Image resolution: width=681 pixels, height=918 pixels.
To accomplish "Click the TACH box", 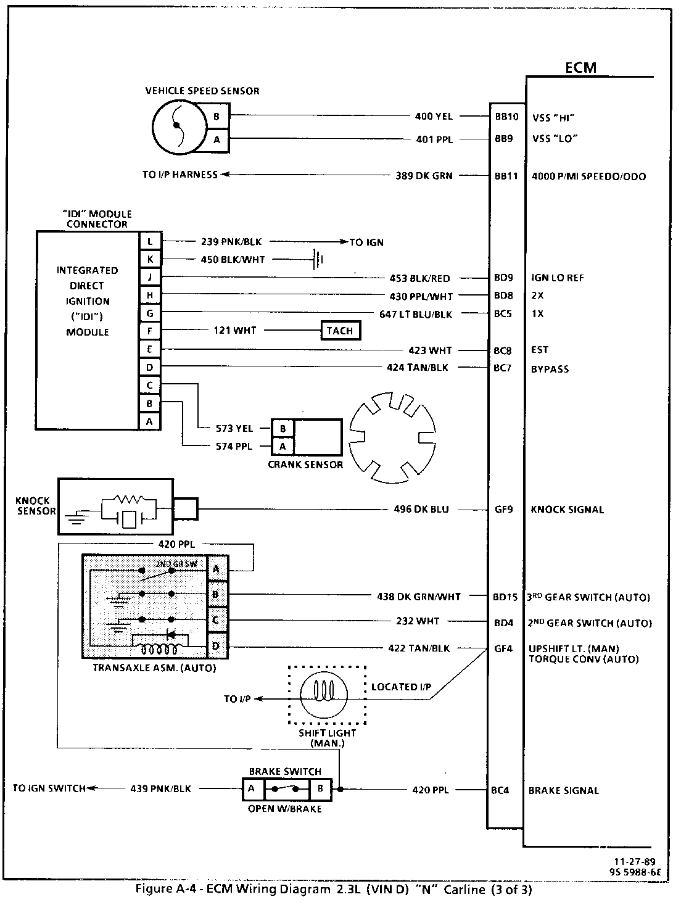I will [340, 331].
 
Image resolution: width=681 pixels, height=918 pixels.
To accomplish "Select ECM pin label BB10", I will [506, 116].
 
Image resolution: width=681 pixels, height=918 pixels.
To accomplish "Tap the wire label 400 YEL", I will [434, 116].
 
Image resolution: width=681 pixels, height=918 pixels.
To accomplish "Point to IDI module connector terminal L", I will [150, 242].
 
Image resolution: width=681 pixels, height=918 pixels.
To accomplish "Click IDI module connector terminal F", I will [150, 331].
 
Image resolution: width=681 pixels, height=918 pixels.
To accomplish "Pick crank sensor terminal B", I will [283, 428].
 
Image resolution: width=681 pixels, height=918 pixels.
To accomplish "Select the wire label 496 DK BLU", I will [421, 510].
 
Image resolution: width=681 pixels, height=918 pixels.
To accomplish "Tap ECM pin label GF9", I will [503, 510].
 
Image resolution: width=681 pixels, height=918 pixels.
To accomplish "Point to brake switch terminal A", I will [252, 788].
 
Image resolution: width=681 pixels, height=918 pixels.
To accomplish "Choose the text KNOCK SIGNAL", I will [567, 510].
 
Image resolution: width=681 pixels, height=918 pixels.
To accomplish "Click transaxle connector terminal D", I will [216, 646].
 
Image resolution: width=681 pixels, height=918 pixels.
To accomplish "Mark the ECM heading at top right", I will [580, 68].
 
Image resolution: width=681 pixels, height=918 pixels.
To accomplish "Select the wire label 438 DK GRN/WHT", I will [419, 597].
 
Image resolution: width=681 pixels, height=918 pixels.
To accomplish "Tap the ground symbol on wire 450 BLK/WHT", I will [318, 260].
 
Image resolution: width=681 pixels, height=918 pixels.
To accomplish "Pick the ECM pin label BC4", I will [500, 790].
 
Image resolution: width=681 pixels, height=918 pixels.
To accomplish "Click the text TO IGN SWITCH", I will [49, 788].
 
